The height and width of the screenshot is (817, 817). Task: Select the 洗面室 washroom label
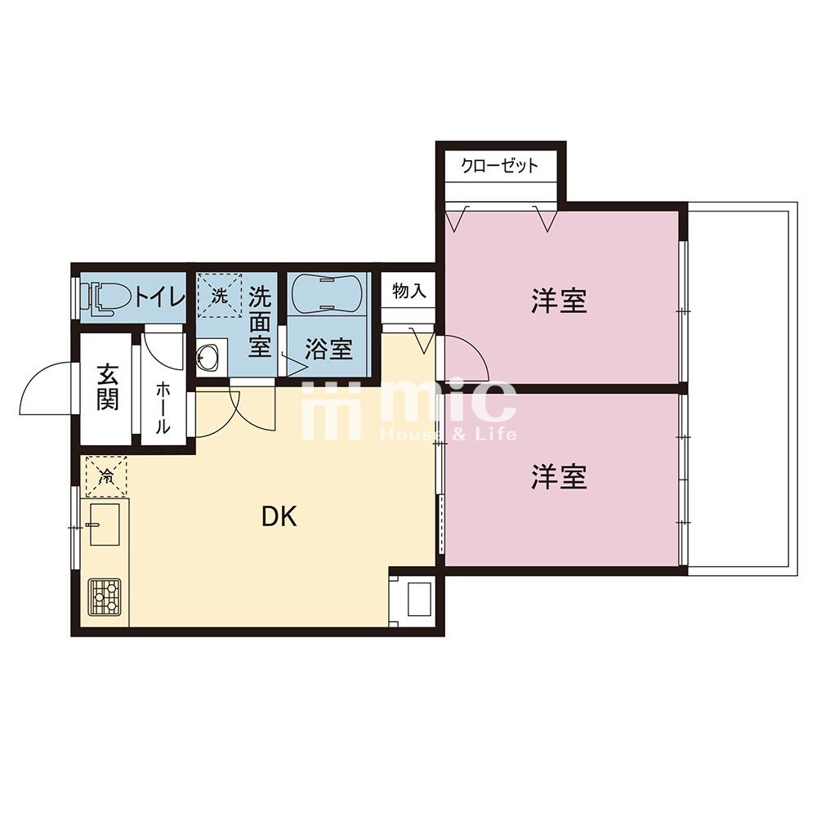click(260, 321)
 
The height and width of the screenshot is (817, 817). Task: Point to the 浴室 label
click(328, 349)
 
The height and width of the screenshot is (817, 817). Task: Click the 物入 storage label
click(408, 292)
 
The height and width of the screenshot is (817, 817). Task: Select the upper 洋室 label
click(560, 301)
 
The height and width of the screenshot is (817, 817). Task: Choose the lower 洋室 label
click(560, 476)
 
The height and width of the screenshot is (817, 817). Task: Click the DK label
click(279, 516)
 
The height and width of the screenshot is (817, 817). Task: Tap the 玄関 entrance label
click(107, 386)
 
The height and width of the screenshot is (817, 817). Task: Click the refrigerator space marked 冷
click(105, 476)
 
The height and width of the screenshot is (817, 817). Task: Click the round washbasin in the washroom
click(207, 356)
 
